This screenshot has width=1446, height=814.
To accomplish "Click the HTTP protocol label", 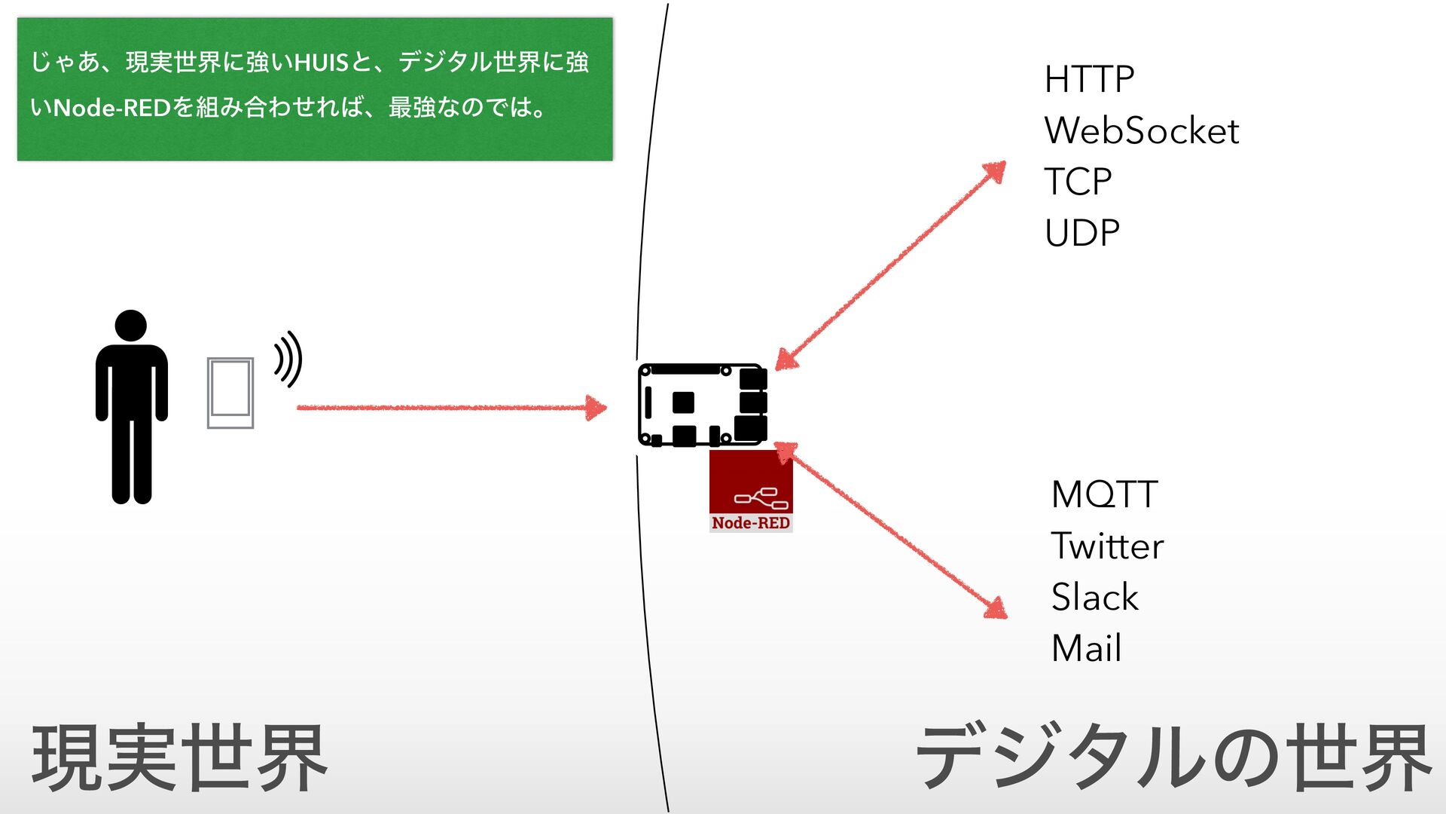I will point(1089,79).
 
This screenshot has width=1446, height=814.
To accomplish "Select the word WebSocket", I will point(1141,130).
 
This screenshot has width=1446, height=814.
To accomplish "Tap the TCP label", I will point(1078,182).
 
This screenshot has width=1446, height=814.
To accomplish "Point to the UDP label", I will point(1082,233).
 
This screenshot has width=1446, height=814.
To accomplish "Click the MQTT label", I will point(1104,495).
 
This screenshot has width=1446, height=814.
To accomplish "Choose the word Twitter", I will point(1107,546).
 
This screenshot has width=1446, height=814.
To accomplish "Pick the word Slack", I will point(1094,597).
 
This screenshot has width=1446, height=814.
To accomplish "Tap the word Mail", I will point(1086,648).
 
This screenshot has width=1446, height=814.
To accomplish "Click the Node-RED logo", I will point(751,491).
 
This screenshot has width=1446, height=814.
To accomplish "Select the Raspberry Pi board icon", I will point(702,405).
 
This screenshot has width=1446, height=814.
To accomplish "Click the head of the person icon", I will point(131,326).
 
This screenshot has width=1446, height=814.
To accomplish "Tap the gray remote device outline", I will point(230,393).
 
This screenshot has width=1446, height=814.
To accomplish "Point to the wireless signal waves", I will point(288,359).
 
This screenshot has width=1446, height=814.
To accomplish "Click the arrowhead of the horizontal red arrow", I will point(596,408).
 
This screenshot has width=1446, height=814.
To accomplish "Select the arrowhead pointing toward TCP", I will point(995,172).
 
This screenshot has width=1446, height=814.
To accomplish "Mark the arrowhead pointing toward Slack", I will point(996,608).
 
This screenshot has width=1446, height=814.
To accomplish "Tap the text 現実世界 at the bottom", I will point(179,757).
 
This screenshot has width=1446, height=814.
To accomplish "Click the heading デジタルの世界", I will point(1173,757).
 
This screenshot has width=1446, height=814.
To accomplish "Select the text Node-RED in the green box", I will point(112,108).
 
